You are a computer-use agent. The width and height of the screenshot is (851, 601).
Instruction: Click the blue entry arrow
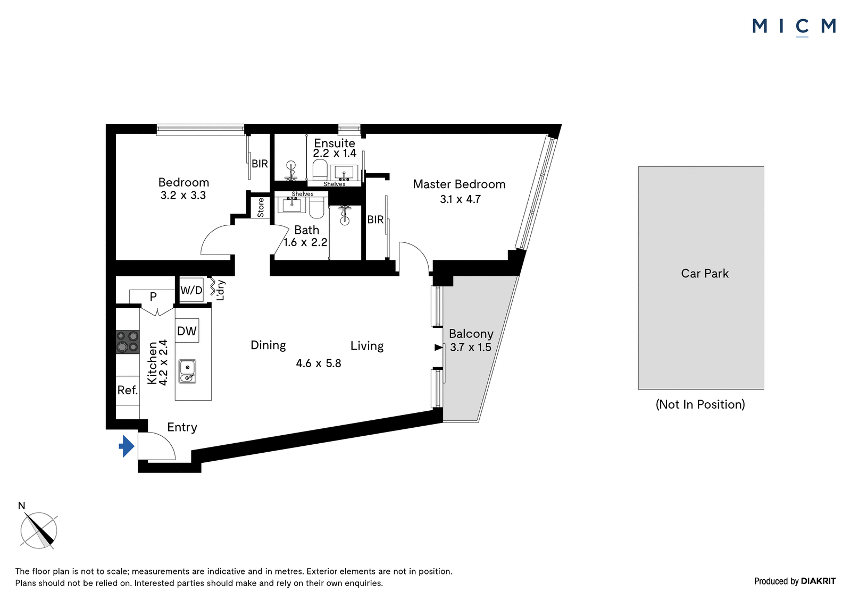(x=127, y=446)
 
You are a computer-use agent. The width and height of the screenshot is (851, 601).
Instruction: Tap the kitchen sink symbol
(x=188, y=371)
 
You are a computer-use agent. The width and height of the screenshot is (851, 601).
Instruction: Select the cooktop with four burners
(x=128, y=342)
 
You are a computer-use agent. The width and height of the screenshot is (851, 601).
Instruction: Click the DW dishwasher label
(x=187, y=331)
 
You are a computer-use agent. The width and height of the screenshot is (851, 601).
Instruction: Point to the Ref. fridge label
(x=128, y=390)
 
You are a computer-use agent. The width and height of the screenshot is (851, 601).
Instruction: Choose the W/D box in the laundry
(x=191, y=291)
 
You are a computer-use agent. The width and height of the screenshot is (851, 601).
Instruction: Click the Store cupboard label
(x=261, y=208)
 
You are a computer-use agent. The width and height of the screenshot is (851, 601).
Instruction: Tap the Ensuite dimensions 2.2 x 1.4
(x=335, y=153)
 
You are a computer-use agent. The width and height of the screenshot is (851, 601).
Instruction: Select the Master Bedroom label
(x=460, y=184)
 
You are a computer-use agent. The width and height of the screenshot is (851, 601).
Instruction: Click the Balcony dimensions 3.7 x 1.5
(x=471, y=347)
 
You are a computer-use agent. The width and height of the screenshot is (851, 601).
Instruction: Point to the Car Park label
(x=705, y=273)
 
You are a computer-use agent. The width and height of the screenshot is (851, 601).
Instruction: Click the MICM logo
(x=794, y=27)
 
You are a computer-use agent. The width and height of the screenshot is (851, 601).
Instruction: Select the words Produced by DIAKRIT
(x=795, y=581)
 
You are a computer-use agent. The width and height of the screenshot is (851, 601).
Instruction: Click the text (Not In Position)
(x=700, y=404)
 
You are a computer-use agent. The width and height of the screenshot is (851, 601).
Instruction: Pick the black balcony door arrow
(x=438, y=347)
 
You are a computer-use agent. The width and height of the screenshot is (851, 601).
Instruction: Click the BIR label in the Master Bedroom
(x=376, y=219)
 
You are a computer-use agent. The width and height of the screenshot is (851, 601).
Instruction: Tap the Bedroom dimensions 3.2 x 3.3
(x=183, y=195)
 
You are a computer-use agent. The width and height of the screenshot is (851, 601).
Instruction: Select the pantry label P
(x=153, y=296)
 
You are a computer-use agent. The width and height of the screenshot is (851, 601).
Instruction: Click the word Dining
(x=268, y=345)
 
